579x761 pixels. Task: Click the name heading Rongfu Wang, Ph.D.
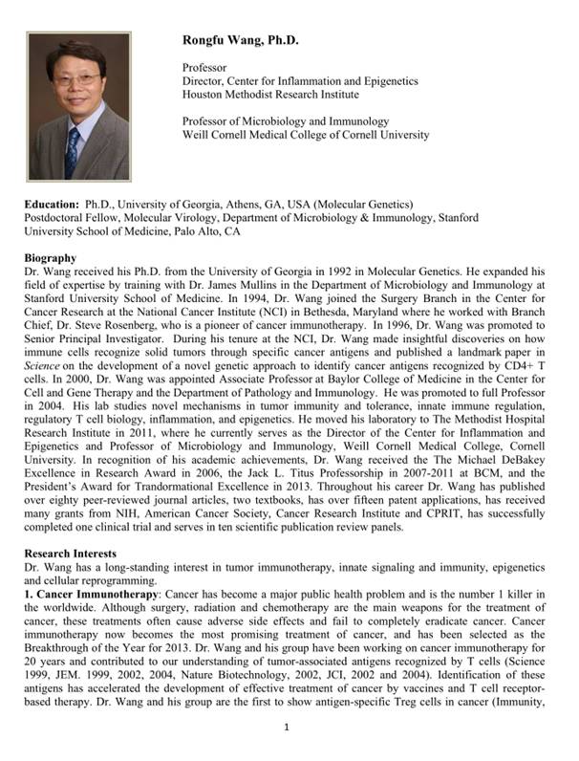[x=241, y=40]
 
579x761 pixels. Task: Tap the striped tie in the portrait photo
[x=73, y=152]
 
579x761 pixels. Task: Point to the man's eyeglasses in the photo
[x=72, y=81]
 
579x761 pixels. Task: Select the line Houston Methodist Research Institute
[x=270, y=95]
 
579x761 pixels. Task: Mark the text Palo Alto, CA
[x=196, y=231]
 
